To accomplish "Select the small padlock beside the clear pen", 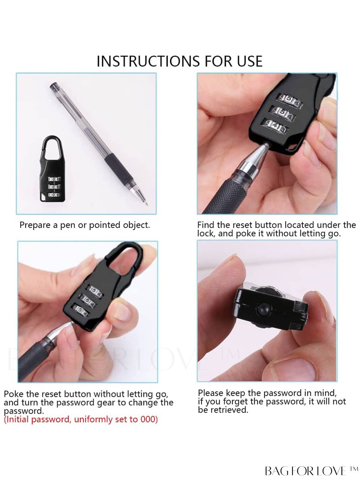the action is pyautogui.click(x=52, y=169).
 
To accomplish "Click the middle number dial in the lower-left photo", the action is pyautogui.click(x=87, y=301).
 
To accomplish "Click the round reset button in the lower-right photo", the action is pyautogui.click(x=263, y=309).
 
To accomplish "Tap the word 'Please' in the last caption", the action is pyautogui.click(x=211, y=393).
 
